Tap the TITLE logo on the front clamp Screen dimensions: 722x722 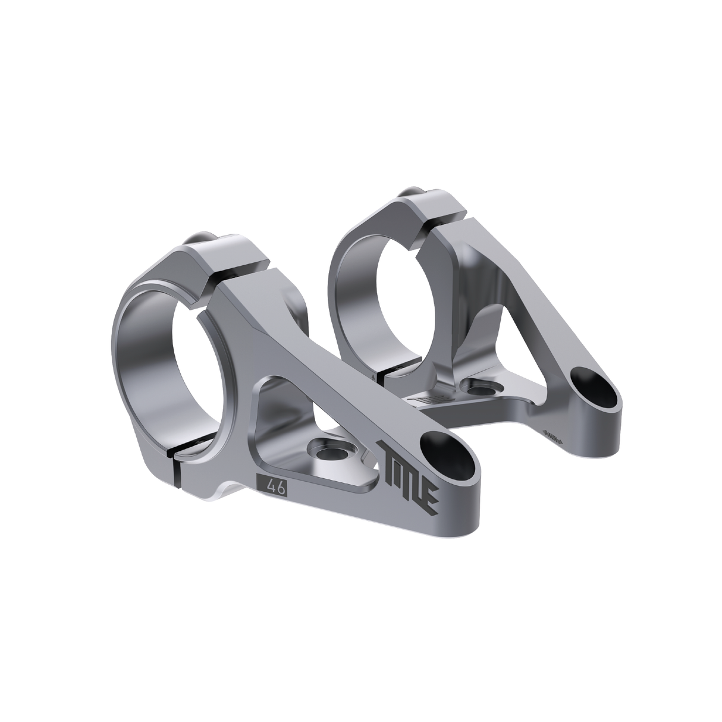(x=410, y=476)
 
